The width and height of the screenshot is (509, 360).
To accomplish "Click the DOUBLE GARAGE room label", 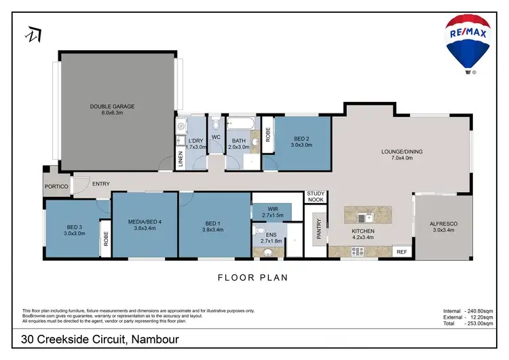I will click(113, 106).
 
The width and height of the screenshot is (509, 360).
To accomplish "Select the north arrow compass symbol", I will click(33, 34).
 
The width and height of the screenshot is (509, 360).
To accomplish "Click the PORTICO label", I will click(56, 186).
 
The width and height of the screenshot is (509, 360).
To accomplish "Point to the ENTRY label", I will click(100, 184).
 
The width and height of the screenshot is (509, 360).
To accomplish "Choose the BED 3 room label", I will click(75, 227).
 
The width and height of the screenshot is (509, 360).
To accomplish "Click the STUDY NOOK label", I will click(316, 197).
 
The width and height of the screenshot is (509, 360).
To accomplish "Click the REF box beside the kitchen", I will click(401, 251).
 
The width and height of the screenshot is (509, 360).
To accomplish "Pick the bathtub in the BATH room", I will click(241, 124).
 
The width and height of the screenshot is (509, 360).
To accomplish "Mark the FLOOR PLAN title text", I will click(252, 277).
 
